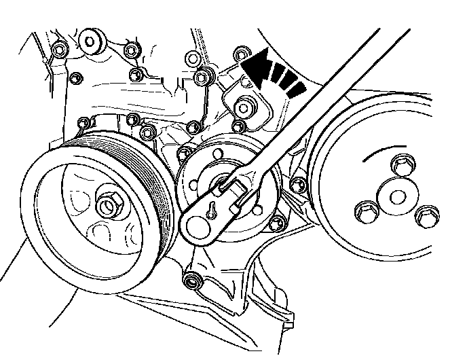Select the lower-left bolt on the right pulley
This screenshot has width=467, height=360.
[x=365, y=213]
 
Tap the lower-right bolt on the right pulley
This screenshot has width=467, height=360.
[x=425, y=217]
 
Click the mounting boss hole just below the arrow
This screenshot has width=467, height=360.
[x=244, y=106]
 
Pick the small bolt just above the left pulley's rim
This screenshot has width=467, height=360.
[x=84, y=123]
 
